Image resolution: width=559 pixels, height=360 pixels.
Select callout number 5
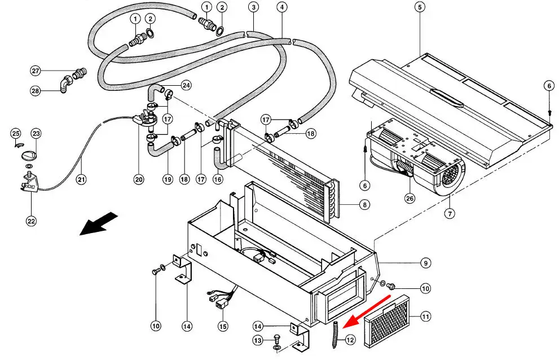click(x=419, y=7)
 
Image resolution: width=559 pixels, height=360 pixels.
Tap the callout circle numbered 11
click(x=425, y=317)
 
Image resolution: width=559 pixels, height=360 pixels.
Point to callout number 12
click(x=351, y=340)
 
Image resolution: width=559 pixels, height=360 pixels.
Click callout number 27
click(x=36, y=71)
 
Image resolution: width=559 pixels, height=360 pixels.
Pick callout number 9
click(x=425, y=262)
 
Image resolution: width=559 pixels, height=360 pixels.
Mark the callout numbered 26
click(x=409, y=198)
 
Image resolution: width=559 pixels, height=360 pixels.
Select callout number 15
click(x=223, y=326)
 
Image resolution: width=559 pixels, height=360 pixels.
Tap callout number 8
click(x=366, y=205)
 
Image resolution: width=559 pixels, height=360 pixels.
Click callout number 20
click(x=139, y=179)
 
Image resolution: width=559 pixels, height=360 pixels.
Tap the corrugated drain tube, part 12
click(x=336, y=334)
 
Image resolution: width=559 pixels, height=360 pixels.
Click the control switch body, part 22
click(x=28, y=183)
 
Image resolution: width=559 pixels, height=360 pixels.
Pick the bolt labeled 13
click(x=276, y=340)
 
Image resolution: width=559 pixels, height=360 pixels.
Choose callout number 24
click(x=186, y=86)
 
